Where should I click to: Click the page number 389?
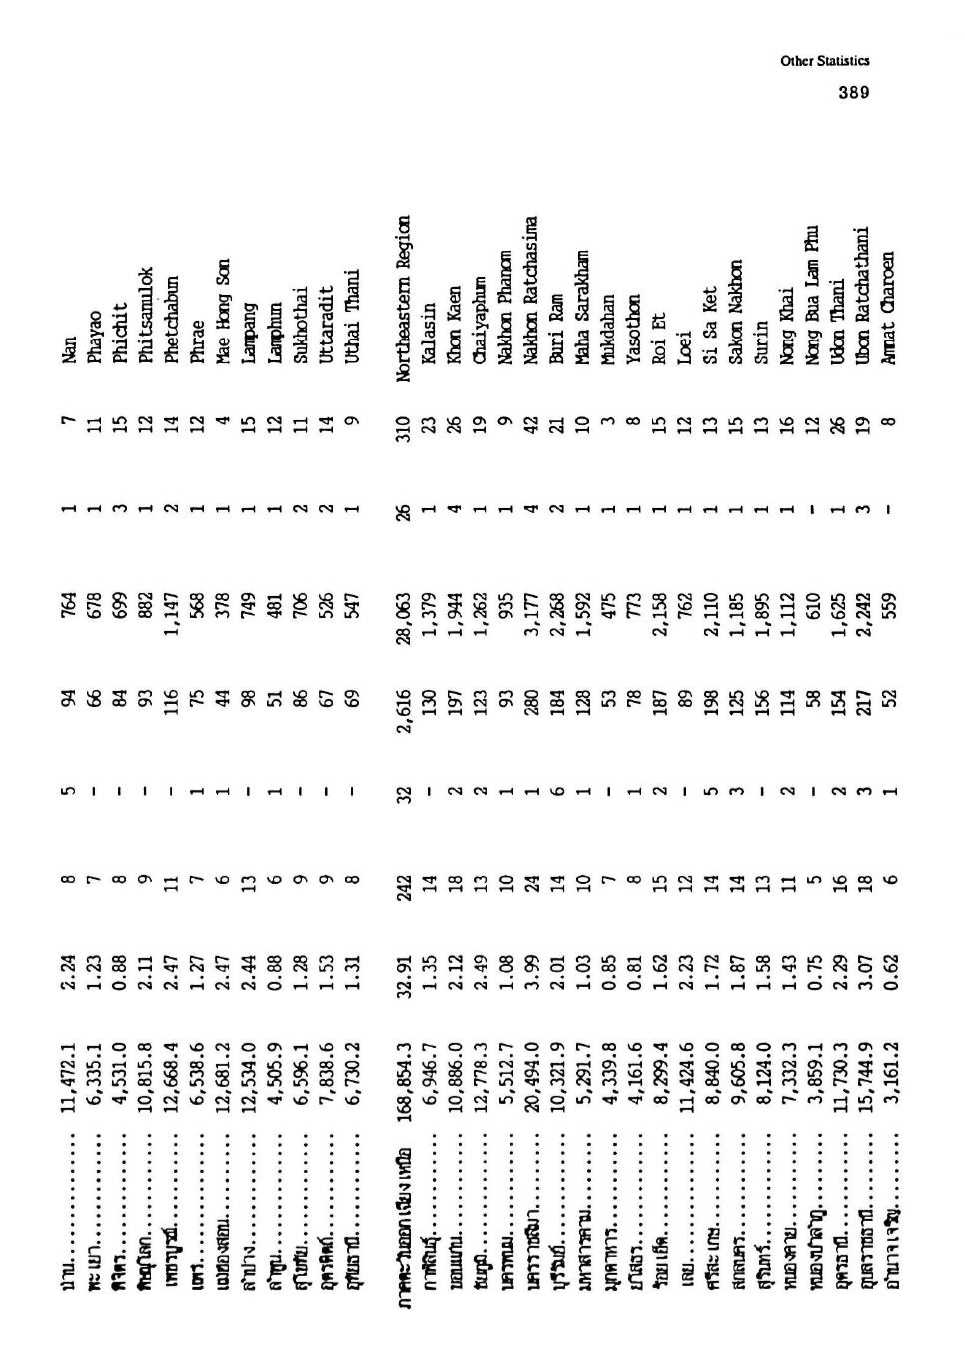853,92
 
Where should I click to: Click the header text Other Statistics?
825,61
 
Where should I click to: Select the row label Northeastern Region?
402,300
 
